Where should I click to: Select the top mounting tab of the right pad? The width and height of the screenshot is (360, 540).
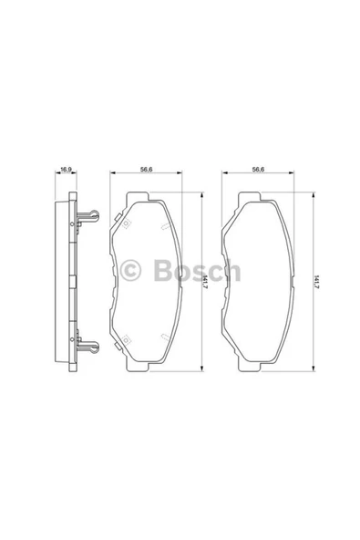252,197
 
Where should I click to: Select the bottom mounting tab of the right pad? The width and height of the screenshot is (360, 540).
252,363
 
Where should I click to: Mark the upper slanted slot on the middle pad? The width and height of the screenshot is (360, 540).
162,225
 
